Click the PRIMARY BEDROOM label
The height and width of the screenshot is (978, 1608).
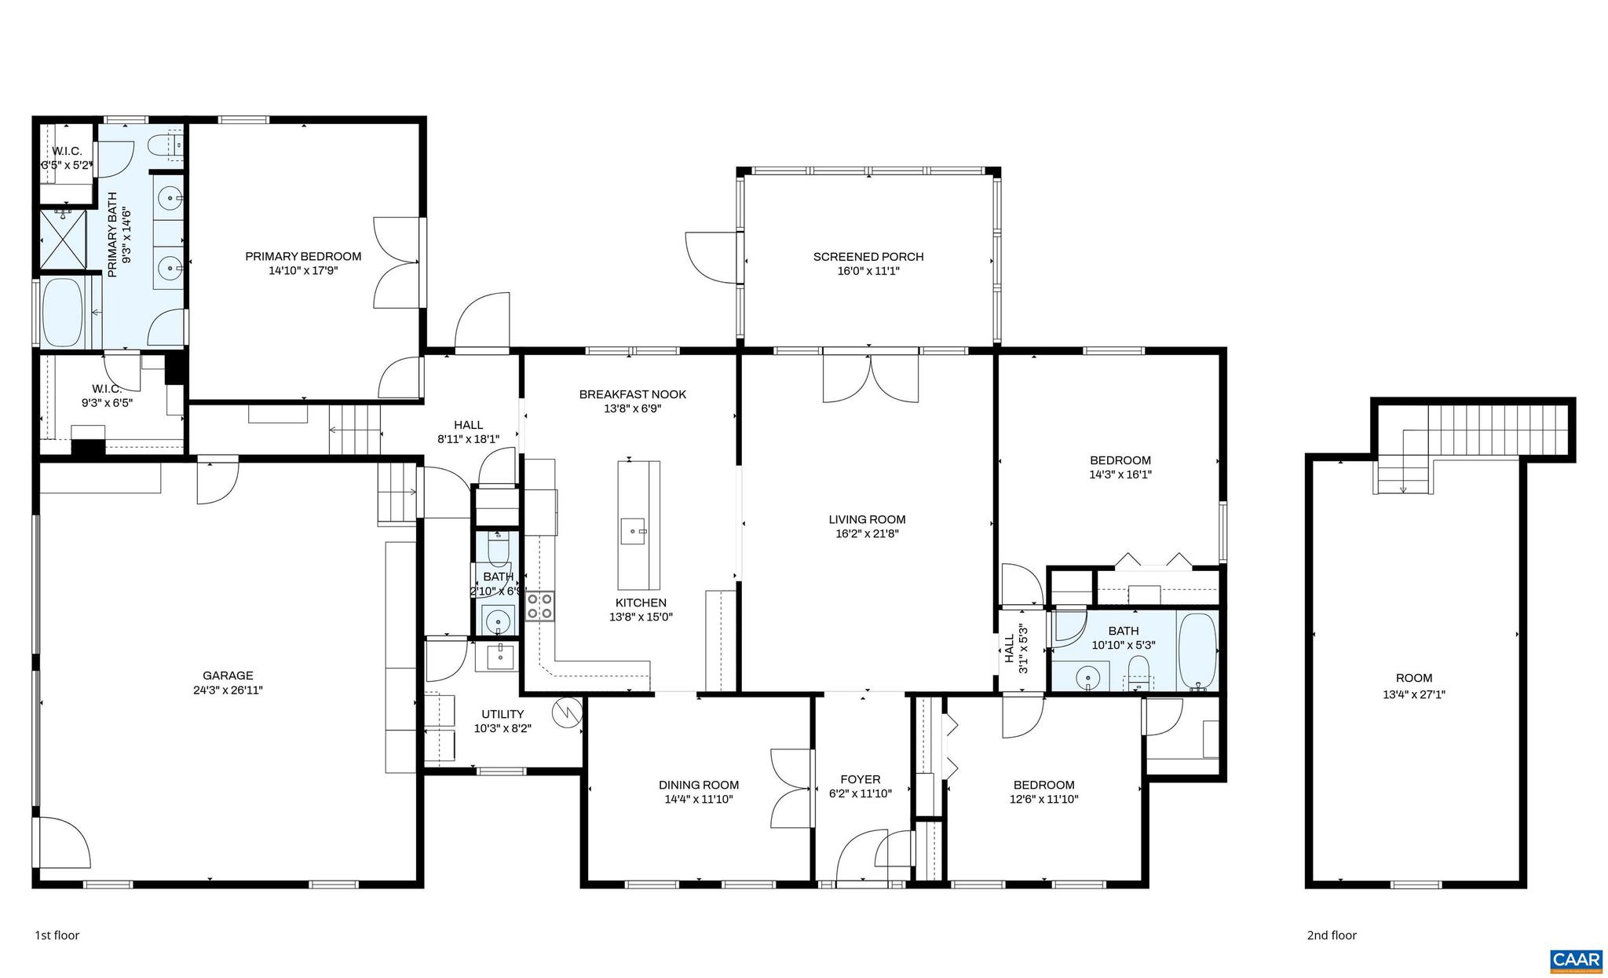coord(303,256)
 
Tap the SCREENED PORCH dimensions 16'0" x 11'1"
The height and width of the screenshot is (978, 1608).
coord(868,271)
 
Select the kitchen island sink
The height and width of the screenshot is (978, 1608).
coord(633,531)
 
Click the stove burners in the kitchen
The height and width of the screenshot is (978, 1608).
coord(539,606)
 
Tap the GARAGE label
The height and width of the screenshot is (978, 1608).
coord(228,676)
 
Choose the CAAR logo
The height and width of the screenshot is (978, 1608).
coord(1575,959)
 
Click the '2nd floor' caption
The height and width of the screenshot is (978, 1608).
coord(1332,935)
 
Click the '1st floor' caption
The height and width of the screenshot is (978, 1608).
coord(57,935)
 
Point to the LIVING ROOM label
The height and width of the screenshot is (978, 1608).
coord(867,519)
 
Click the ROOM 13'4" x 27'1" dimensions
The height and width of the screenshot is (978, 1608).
coord(1413,694)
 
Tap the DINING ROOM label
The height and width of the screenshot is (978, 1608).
coord(698,785)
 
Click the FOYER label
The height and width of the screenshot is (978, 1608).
coord(860,779)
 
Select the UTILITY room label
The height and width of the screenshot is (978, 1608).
coord(502,714)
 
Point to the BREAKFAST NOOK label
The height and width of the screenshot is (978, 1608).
coord(632,394)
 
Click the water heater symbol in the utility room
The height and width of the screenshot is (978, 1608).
coord(566,712)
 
